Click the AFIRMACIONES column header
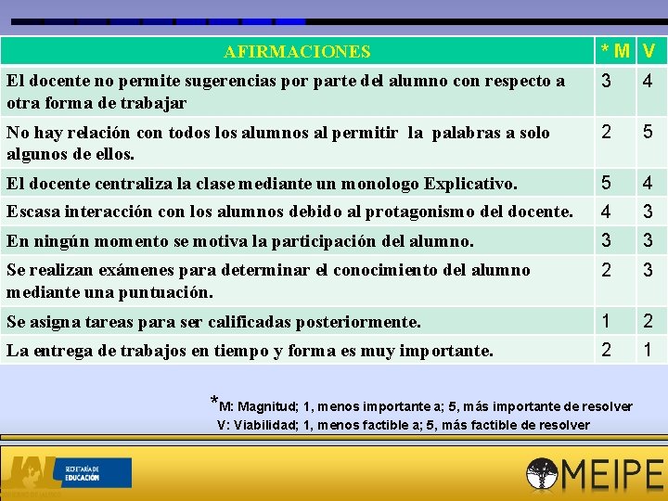coord(297,52)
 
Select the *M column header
coord(615,50)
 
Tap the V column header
coord(648,50)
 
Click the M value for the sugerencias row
coord(606,82)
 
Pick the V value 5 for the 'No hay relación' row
coord(648,133)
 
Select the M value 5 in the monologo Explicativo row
coord(606,184)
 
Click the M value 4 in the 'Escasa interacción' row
coord(606,212)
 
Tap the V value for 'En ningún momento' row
coord(648,241)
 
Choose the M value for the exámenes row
coord(606,270)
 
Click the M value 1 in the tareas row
coord(606,321)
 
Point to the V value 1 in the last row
coord(648,350)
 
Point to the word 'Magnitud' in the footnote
coord(269,406)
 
